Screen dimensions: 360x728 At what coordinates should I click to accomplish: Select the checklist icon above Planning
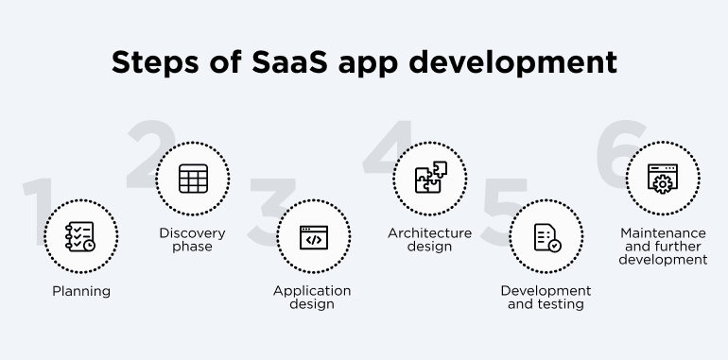pyautogui.click(x=80, y=236)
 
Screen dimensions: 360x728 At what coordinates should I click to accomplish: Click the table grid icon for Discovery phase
pyautogui.click(x=193, y=179)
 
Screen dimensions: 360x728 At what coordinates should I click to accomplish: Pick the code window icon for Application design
pyautogui.click(x=312, y=236)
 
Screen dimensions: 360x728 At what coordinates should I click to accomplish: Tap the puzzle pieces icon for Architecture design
pyautogui.click(x=429, y=179)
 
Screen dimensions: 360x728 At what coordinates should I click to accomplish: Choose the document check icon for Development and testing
pyautogui.click(x=546, y=236)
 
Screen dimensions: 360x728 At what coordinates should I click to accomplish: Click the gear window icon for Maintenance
pyautogui.click(x=663, y=179)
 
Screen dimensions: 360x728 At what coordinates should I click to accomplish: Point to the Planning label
pyautogui.click(x=80, y=291)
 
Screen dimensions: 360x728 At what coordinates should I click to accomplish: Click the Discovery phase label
pyautogui.click(x=193, y=240)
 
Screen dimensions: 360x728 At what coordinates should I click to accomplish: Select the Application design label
pyautogui.click(x=312, y=297)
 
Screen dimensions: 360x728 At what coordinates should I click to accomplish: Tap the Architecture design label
pyautogui.click(x=429, y=240)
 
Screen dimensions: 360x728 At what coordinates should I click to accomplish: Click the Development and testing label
pyautogui.click(x=546, y=297)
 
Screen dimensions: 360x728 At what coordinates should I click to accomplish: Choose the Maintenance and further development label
pyautogui.click(x=663, y=246)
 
